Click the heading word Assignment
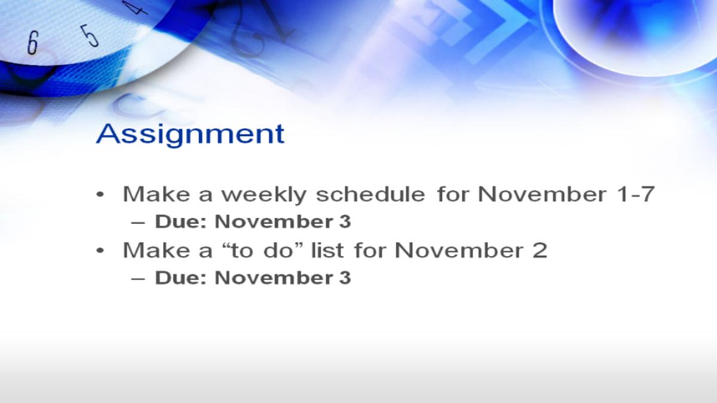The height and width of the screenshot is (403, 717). pos(190,135)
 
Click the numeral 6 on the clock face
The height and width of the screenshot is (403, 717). pos(33,42)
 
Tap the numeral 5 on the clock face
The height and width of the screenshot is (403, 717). pos(89,36)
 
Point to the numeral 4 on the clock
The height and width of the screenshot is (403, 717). pos(134,8)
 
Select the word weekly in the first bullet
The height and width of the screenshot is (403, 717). pos(263,195)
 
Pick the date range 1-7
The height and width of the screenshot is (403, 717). pos(637,193)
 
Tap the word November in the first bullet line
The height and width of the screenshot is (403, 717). pos(543,193)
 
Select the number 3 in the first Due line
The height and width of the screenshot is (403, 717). pos(345,222)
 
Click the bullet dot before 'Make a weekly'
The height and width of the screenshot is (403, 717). pos(100,194)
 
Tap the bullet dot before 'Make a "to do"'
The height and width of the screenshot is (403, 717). pos(100,250)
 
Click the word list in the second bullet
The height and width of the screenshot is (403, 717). pos(327,250)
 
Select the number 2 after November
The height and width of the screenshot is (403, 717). pos(540,250)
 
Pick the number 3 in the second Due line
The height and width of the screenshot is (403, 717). pos(345,277)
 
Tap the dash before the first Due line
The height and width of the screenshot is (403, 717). pos(138,223)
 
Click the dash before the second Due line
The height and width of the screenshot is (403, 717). pos(138,279)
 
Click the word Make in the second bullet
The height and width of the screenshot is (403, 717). pos(157,250)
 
